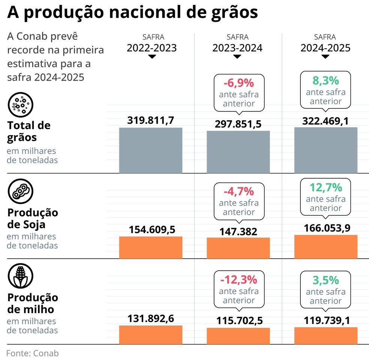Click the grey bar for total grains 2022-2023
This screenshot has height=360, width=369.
[x=151, y=150]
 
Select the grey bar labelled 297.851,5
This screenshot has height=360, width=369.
[x=238, y=152]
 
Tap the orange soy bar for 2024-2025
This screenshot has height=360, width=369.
[x=325, y=247]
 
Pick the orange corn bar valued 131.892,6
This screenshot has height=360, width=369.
[x=151, y=334]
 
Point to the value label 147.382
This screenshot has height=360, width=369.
[x=238, y=232]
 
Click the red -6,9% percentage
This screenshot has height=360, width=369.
[x=239, y=83]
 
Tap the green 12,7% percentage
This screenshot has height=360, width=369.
[x=325, y=187]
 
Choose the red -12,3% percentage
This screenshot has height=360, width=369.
[x=239, y=280]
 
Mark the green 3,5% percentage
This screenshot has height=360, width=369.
[x=325, y=280]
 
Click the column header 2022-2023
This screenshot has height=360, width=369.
[x=151, y=48]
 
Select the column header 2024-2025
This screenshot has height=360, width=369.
[x=325, y=48]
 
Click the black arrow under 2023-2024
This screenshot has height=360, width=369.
[x=237, y=57]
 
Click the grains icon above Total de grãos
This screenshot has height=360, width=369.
[x=21, y=104]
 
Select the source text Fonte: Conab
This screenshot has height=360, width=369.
[x=33, y=353]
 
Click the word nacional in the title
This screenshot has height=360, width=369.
[x=153, y=13]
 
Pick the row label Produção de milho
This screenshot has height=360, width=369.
[x=33, y=303]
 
